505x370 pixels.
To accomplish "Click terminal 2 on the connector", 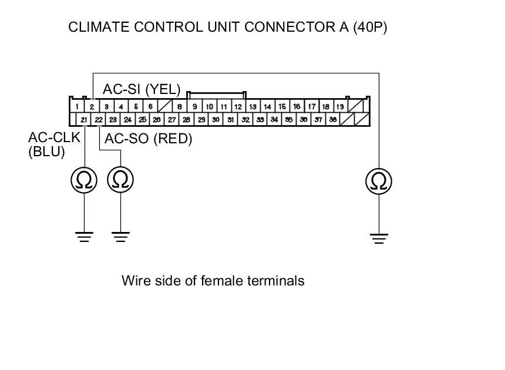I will click(92, 107).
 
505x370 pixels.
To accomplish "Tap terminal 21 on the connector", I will click(84, 119).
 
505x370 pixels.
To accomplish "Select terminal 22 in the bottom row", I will click(99, 119).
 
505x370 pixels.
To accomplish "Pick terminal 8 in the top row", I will click(179, 107).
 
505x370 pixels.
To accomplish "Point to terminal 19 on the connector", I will click(340, 107).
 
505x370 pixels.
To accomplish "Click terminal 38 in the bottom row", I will click(333, 119).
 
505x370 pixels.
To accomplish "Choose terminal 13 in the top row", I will click(253, 107).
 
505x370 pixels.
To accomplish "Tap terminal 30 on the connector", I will click(216, 119).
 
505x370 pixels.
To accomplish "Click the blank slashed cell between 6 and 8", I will click(165, 107).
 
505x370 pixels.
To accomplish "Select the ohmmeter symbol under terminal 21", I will click(84, 181).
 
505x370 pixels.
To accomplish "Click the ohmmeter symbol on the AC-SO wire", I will click(120, 181).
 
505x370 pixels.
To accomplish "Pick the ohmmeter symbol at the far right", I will click(379, 181).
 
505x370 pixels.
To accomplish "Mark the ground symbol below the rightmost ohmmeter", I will click(379, 238).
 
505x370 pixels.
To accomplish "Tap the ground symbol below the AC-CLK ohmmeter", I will click(84, 237).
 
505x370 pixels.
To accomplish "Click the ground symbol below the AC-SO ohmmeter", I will click(120, 237).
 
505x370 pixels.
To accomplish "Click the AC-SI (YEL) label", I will click(142, 89).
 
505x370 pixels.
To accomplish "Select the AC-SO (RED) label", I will click(148, 139).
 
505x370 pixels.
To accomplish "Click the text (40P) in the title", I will click(370, 28).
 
